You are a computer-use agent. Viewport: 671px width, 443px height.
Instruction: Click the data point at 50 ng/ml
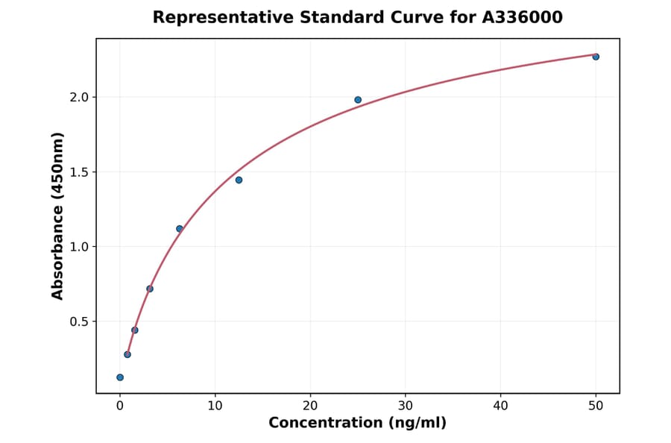(596, 57)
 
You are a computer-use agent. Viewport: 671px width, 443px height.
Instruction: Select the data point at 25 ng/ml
(358, 100)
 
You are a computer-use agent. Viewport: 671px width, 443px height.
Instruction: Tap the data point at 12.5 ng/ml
(239, 180)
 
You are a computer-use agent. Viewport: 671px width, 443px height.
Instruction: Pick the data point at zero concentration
(120, 377)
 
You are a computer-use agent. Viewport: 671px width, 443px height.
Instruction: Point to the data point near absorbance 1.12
(180, 229)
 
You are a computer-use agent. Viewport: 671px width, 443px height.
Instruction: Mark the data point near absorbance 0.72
(150, 289)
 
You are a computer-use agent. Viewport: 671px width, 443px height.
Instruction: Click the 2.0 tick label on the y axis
(79, 97)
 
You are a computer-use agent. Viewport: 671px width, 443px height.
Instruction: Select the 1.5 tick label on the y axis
(79, 172)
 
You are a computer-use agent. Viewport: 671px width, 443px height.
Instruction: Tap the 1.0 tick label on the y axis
(79, 247)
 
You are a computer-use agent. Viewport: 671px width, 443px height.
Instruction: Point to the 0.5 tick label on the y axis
(79, 321)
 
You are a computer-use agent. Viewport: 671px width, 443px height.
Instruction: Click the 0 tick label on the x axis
(120, 406)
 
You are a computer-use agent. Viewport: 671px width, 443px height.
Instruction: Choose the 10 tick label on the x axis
(215, 406)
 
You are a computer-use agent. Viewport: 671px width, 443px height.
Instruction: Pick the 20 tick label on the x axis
(310, 406)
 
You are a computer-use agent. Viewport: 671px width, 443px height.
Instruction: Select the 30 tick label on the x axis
(406, 406)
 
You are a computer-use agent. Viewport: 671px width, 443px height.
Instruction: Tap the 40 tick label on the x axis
(500, 406)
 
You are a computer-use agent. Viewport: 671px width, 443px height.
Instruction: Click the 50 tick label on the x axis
(596, 406)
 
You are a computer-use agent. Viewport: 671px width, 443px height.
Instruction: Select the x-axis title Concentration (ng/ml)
(357, 424)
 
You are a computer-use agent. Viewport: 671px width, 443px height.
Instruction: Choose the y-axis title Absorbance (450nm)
(58, 216)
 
